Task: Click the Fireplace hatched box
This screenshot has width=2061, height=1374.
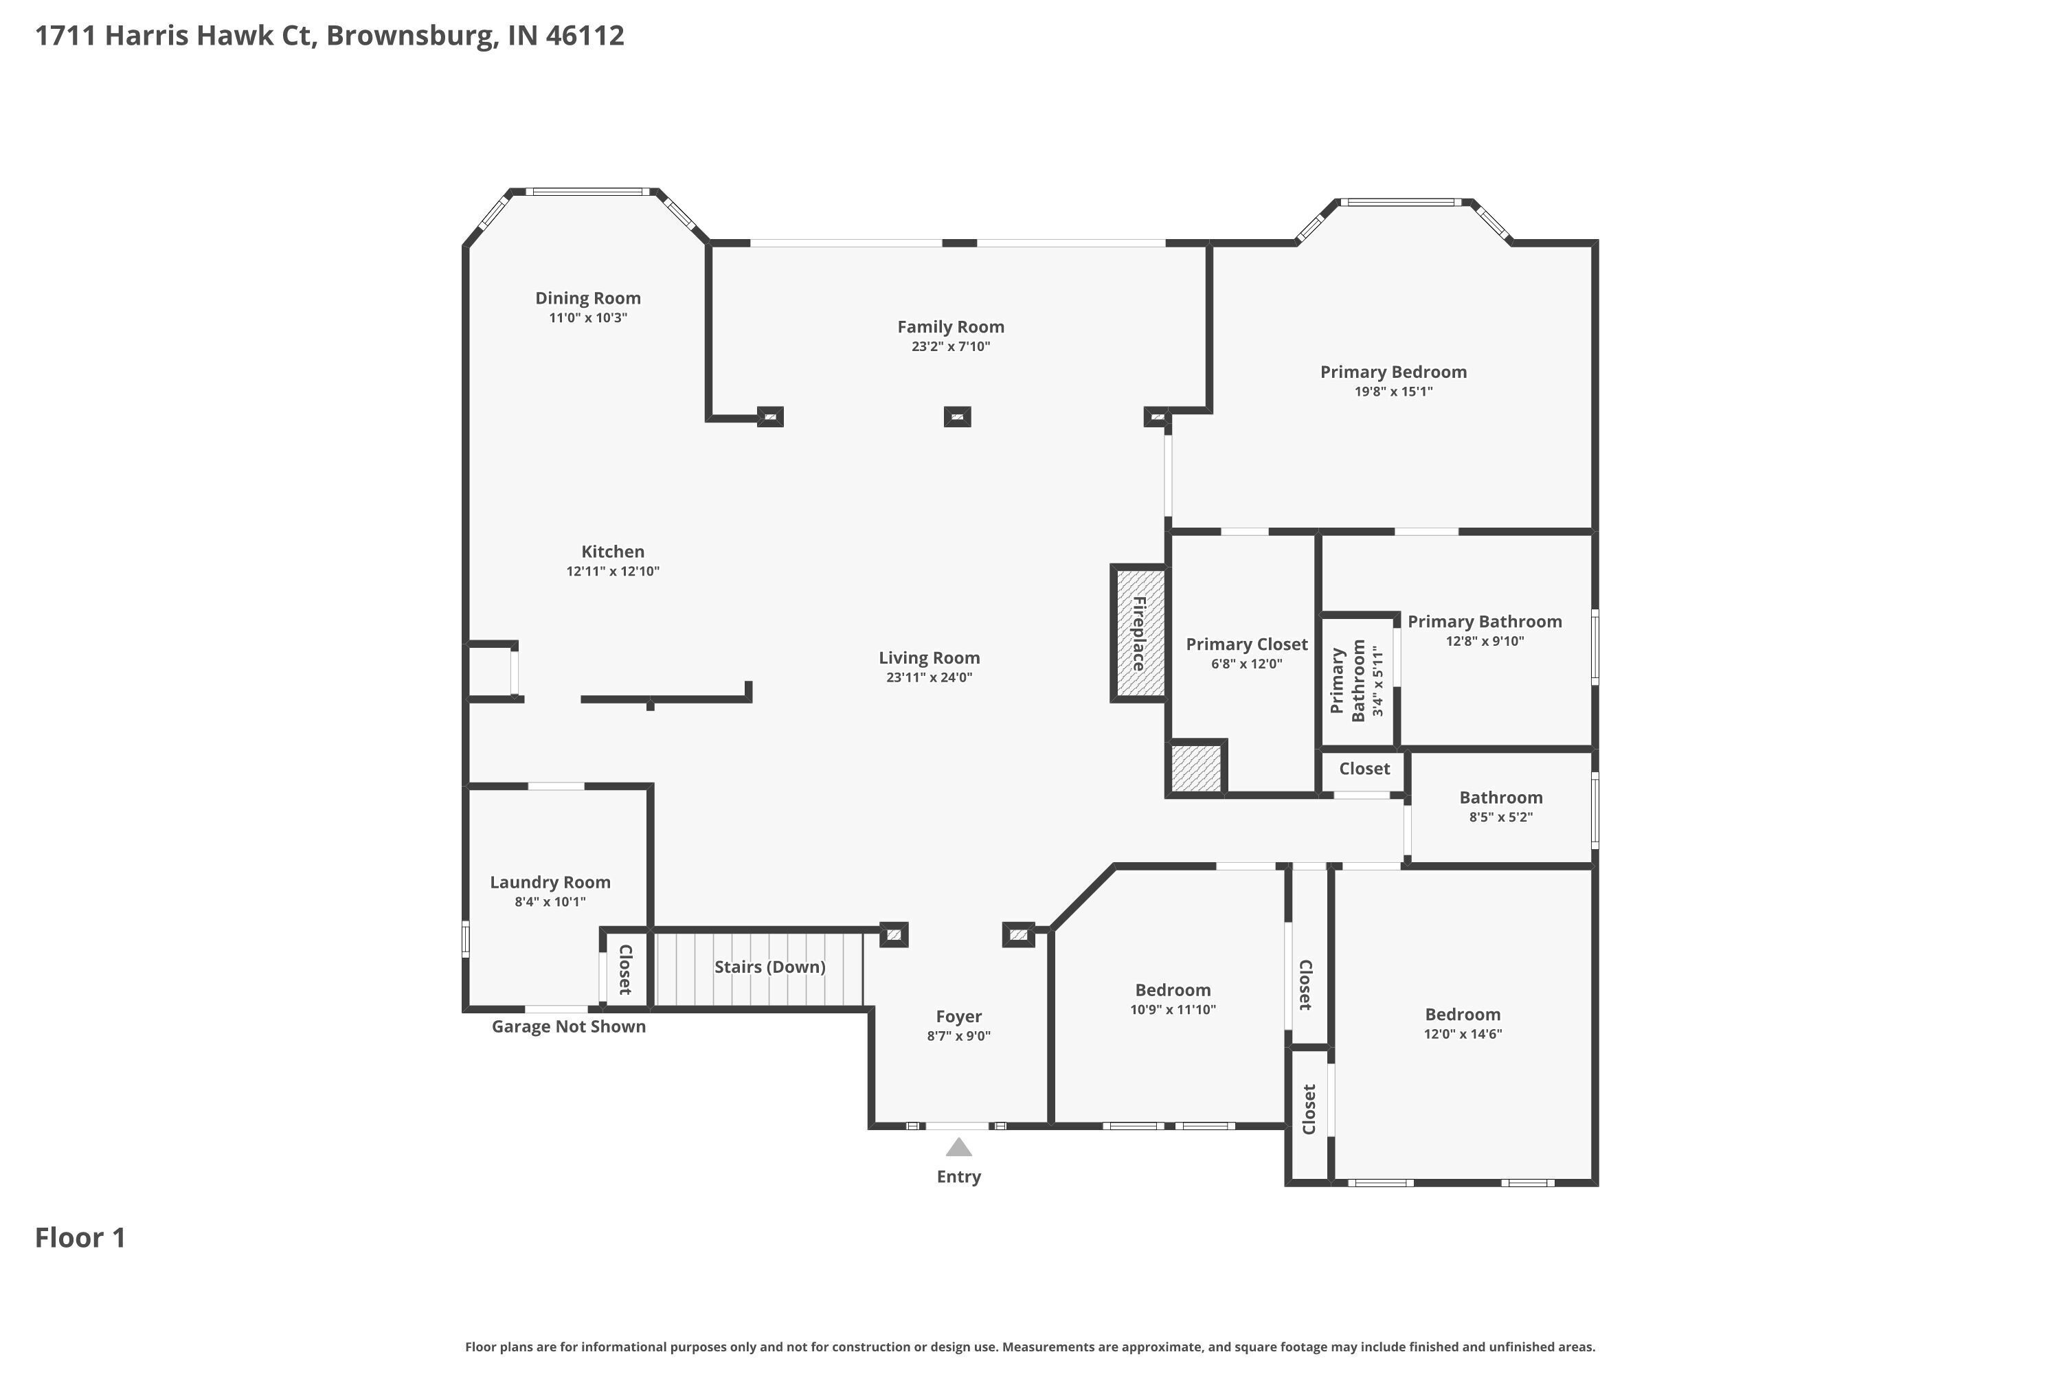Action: (1139, 633)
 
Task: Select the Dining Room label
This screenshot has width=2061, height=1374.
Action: (588, 299)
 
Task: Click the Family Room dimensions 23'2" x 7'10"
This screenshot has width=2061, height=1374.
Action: (951, 347)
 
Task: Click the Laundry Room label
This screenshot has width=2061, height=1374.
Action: (550, 882)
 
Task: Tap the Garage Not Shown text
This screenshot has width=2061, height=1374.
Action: (569, 1027)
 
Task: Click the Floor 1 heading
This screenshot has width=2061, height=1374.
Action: (80, 1238)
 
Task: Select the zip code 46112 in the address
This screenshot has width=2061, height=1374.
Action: (585, 36)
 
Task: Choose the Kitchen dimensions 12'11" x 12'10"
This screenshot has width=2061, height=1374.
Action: (613, 572)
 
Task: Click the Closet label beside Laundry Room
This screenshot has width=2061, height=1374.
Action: (626, 969)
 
